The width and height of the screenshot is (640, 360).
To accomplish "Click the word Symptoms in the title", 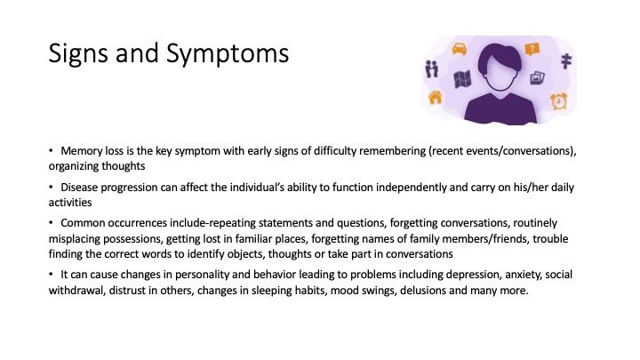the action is (228, 54).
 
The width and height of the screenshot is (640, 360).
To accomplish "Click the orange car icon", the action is (460, 49).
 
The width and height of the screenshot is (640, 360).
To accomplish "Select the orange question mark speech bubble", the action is (532, 50).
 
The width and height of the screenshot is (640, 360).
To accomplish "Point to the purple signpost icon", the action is (566, 60).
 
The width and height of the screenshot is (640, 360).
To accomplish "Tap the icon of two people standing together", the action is (431, 68).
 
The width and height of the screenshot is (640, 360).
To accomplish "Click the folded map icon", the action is (462, 79).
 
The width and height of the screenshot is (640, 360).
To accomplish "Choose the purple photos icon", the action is (537, 78).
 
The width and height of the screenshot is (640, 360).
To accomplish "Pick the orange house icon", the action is (435, 98).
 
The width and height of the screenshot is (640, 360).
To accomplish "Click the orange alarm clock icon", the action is (559, 101).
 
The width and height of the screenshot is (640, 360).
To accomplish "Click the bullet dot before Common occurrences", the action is (51, 223).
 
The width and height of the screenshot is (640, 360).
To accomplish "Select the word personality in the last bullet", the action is (202, 275).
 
